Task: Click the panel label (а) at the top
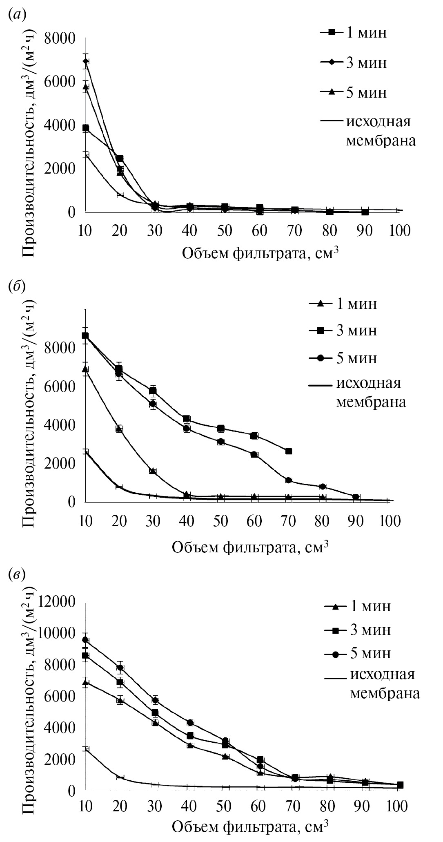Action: (x=17, y=15)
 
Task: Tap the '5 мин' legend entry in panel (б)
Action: (x=356, y=358)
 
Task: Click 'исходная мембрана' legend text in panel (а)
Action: (x=380, y=131)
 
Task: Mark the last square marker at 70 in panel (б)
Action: (x=289, y=451)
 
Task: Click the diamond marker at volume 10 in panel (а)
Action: (x=86, y=61)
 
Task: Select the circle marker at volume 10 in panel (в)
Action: (x=86, y=640)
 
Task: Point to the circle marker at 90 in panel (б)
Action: (x=356, y=497)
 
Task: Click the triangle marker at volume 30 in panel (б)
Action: (x=153, y=471)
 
